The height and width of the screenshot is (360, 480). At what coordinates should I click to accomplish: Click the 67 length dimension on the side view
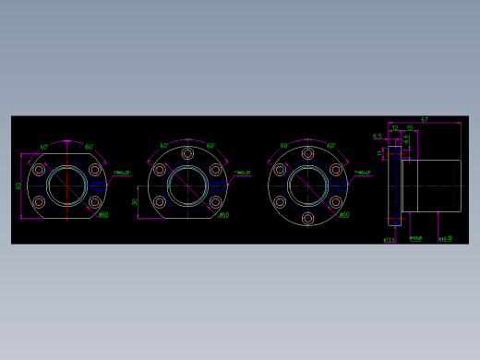click(x=424, y=119)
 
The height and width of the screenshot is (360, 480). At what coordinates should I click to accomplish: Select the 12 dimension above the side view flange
click(x=395, y=127)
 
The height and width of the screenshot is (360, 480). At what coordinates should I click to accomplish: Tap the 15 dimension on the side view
click(x=409, y=127)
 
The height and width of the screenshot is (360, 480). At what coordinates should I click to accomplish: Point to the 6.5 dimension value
click(x=378, y=137)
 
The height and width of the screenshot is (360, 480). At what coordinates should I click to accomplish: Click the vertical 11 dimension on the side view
click(x=379, y=153)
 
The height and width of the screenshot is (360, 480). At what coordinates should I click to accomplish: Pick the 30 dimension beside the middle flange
click(x=135, y=201)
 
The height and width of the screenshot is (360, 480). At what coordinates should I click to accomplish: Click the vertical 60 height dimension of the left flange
click(x=18, y=186)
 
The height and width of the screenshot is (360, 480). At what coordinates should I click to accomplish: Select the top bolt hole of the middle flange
click(x=187, y=153)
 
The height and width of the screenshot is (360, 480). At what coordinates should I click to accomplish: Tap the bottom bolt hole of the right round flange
click(x=307, y=218)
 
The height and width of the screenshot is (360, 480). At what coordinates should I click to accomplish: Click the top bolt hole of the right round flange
click(x=307, y=153)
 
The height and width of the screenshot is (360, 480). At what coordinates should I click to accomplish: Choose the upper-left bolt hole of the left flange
click(x=39, y=170)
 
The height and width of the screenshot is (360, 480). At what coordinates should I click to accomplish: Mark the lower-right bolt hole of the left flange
click(x=95, y=202)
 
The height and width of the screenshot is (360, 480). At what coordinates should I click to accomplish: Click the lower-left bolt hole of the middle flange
click(x=160, y=202)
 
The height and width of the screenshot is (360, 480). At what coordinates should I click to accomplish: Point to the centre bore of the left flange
click(x=66, y=186)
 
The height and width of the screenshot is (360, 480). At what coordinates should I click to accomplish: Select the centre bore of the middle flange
click(x=187, y=186)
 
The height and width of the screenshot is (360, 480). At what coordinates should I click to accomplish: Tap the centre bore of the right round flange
click(x=307, y=186)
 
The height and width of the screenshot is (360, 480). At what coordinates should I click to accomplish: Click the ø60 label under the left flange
click(x=102, y=215)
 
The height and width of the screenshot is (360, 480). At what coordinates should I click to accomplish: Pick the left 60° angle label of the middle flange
click(x=164, y=146)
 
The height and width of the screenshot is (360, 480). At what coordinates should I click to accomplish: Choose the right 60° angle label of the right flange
click(x=330, y=146)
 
